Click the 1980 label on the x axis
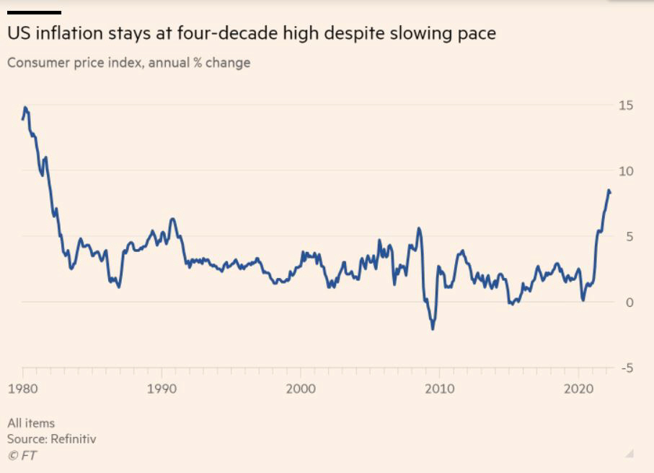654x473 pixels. coord(22,389)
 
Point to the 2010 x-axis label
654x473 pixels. coord(440,389)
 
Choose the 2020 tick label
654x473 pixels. coord(578,389)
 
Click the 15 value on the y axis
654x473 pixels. coord(626,105)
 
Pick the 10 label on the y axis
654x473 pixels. coord(626,171)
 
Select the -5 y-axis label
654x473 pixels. coord(626,368)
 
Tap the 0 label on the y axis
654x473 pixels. coord(629,303)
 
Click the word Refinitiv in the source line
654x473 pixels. coord(73,439)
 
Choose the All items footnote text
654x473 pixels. coord(31,423)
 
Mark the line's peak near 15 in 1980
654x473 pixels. coord(25,108)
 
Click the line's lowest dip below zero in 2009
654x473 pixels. coord(433,329)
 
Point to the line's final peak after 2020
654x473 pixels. coord(609,191)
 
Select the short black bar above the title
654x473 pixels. coord(34,12)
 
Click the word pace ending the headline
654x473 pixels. coord(477,34)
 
